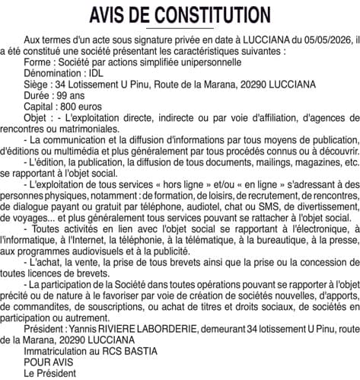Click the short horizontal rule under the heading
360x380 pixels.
180,28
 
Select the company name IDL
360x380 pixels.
95,72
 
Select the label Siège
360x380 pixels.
37,84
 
